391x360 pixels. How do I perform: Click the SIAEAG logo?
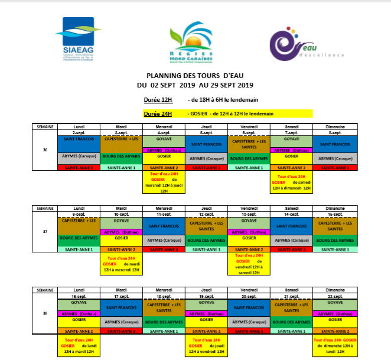coord(80,38)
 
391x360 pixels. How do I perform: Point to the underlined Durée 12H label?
coord(158,100)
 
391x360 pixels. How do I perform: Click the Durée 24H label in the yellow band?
coord(158,113)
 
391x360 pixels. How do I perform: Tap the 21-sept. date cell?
coord(291,296)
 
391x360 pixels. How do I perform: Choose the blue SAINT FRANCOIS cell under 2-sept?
coord(79,144)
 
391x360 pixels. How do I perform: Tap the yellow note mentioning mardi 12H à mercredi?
coord(121,264)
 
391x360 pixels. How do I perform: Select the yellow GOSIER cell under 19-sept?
coord(206,319)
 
